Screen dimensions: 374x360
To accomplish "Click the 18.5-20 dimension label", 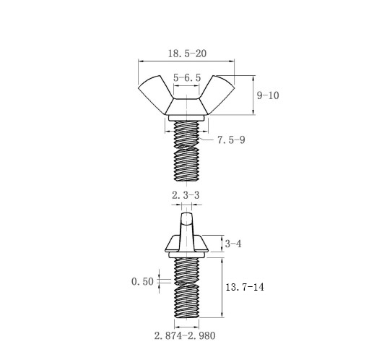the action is tap(187, 53).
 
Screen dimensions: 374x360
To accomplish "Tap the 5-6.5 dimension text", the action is tap(187, 78).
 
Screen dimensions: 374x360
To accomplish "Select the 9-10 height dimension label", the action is tap(268, 95).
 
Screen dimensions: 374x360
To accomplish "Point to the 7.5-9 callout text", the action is tap(231, 140).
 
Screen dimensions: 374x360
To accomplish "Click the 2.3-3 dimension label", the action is tap(186, 195).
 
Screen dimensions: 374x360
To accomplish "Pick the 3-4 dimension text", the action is tap(233, 244).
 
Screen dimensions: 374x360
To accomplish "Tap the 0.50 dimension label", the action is tap(142, 281).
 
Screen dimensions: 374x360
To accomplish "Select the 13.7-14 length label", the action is tap(245, 287).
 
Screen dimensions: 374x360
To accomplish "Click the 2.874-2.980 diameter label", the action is tap(185, 335).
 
